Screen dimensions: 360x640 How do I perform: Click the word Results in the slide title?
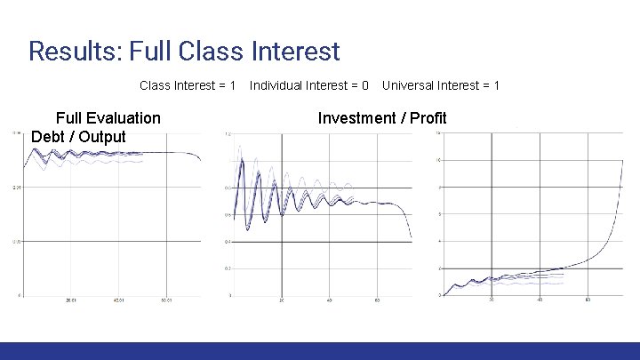(x=75, y=51)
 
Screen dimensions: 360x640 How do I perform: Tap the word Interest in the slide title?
(x=291, y=51)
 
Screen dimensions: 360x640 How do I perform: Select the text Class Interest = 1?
(x=188, y=85)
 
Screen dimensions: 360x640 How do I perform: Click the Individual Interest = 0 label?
(x=309, y=85)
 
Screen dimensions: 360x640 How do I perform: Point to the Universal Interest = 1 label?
(x=441, y=85)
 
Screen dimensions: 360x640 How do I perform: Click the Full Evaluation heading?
(x=108, y=118)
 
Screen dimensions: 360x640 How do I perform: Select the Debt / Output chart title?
(x=78, y=137)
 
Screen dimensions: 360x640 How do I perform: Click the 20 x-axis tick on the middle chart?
(x=282, y=300)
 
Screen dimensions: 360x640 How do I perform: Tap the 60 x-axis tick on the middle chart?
(x=378, y=300)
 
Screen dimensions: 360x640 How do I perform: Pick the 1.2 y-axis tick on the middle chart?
(x=228, y=134)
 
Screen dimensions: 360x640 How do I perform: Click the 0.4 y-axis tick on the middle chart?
(x=228, y=242)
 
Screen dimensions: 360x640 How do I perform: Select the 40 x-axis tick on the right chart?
(x=540, y=300)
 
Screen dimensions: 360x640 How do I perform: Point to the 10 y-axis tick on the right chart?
(x=438, y=160)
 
